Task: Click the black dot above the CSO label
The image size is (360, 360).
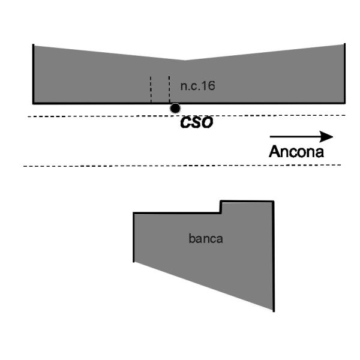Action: (x=175, y=108)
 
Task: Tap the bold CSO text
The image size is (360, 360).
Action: (x=197, y=122)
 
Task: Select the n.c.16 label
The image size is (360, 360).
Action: (x=197, y=86)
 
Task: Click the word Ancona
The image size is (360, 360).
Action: (x=296, y=152)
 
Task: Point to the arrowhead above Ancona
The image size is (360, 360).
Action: (x=326, y=137)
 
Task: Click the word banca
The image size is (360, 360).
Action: (x=206, y=239)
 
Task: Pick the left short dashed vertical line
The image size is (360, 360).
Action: (x=151, y=89)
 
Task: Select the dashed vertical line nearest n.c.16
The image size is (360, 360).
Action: (x=169, y=89)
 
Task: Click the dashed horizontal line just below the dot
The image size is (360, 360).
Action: (x=187, y=116)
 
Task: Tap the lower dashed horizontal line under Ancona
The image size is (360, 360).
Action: (x=182, y=166)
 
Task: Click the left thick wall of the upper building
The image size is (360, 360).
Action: (x=33, y=74)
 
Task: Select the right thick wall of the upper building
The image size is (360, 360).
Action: (x=344, y=73)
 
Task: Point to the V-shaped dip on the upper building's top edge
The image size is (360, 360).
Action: (x=185, y=61)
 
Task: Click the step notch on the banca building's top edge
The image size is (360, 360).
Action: (x=221, y=207)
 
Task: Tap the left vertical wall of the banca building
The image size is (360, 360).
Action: (x=134, y=237)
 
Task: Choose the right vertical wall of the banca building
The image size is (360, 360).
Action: (x=274, y=256)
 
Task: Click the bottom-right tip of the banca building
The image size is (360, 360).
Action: (x=274, y=311)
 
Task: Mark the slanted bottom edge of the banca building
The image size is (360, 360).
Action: (x=203, y=286)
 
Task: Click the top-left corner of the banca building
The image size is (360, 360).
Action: (x=134, y=213)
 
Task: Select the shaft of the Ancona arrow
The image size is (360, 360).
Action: (x=295, y=137)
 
